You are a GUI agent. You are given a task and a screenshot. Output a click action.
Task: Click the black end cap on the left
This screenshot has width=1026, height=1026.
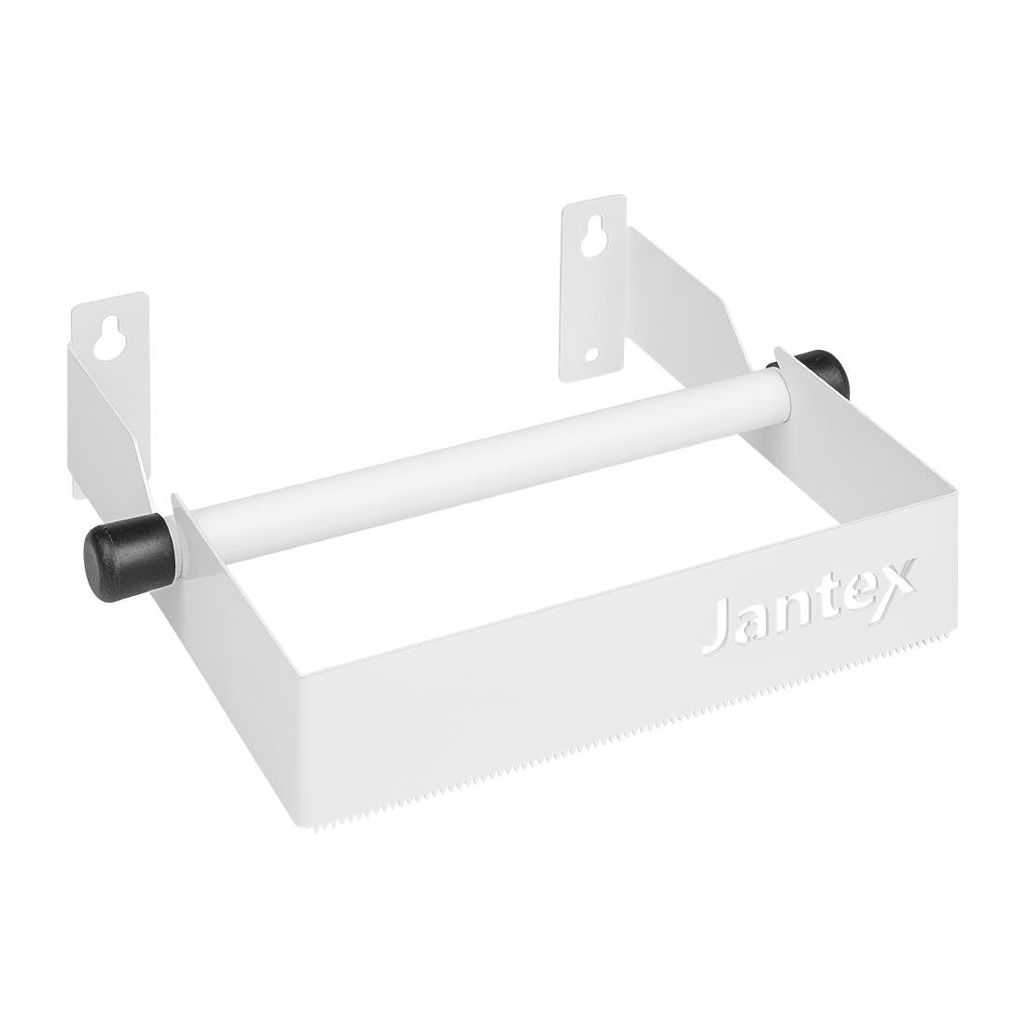coord(129,555)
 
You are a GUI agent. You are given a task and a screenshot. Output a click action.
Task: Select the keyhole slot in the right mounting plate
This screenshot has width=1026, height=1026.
coord(589,241)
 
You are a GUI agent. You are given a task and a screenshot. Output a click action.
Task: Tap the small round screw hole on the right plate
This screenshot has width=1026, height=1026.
coord(591,354)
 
